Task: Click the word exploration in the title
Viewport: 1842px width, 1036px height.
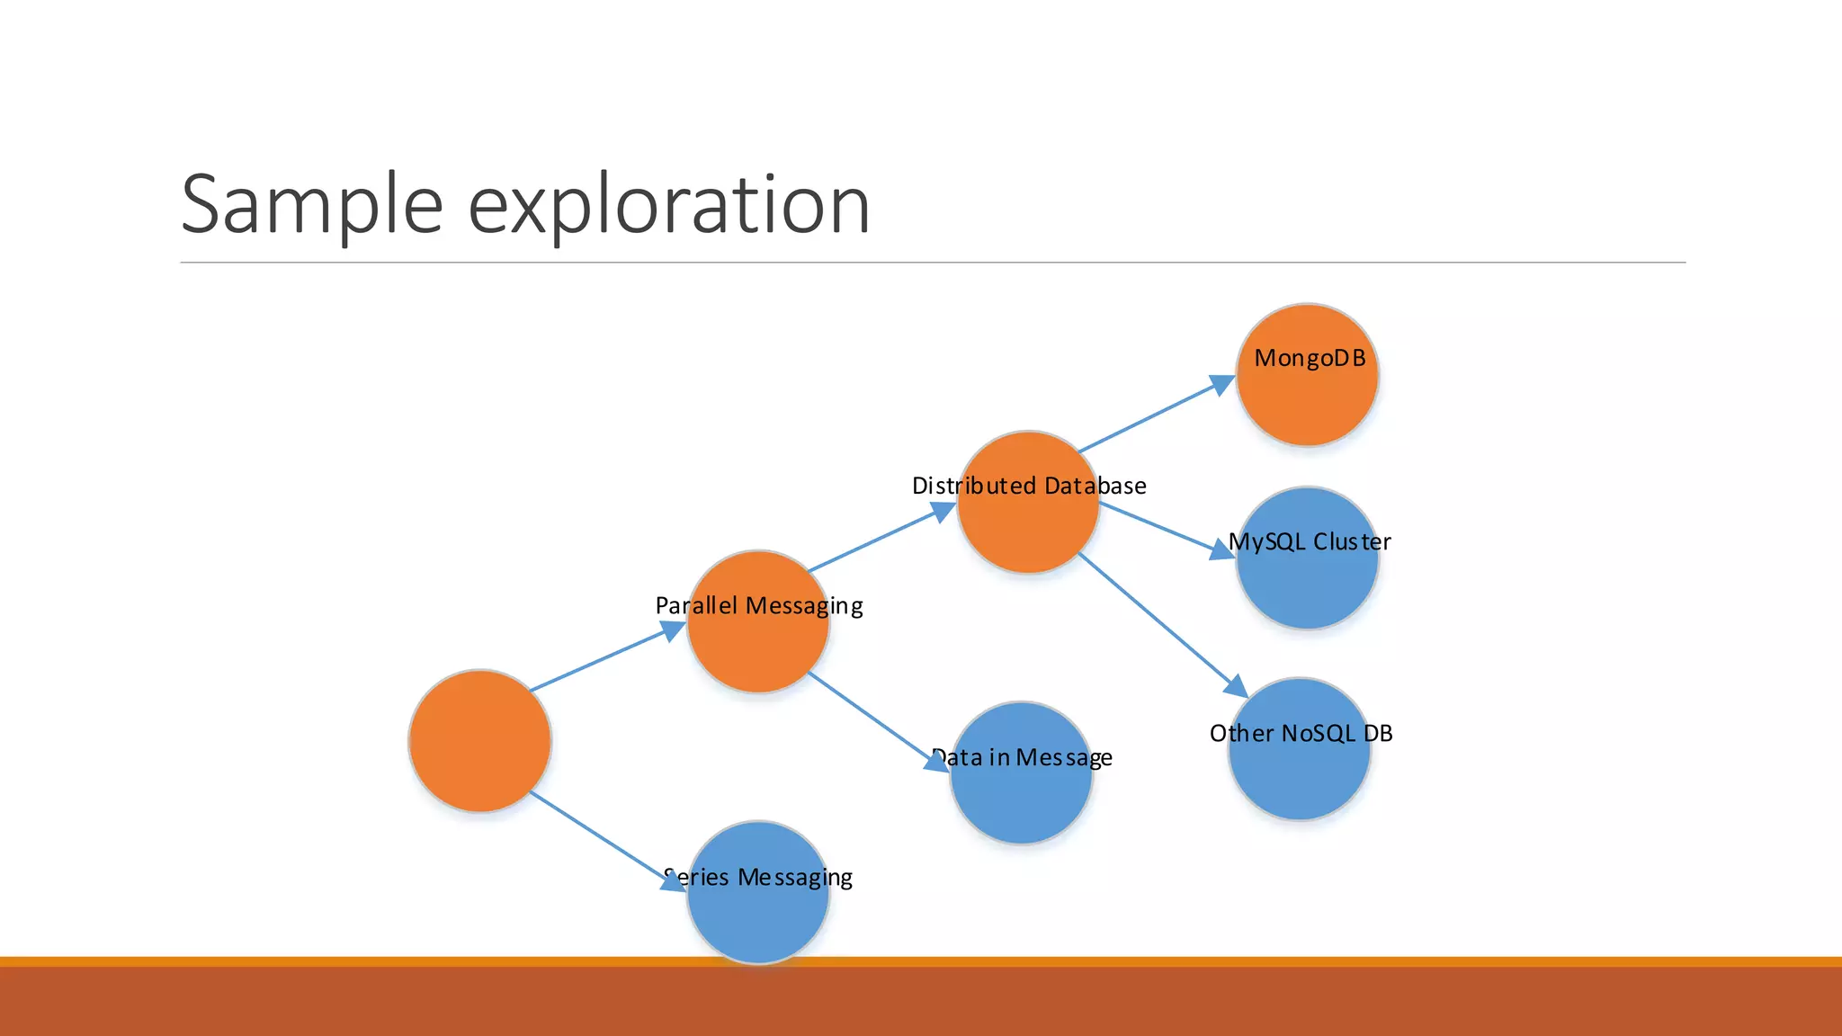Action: [x=669, y=205]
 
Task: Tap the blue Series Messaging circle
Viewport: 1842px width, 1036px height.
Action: [x=757, y=908]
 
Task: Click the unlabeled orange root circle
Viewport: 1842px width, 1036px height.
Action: [x=479, y=740]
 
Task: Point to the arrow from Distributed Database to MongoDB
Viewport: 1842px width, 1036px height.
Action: [x=1156, y=415]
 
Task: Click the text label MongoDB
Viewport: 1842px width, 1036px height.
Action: [x=1310, y=359]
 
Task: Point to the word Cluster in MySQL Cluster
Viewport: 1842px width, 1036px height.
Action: [x=1352, y=542]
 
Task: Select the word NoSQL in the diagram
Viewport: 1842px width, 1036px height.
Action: [x=1319, y=734]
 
